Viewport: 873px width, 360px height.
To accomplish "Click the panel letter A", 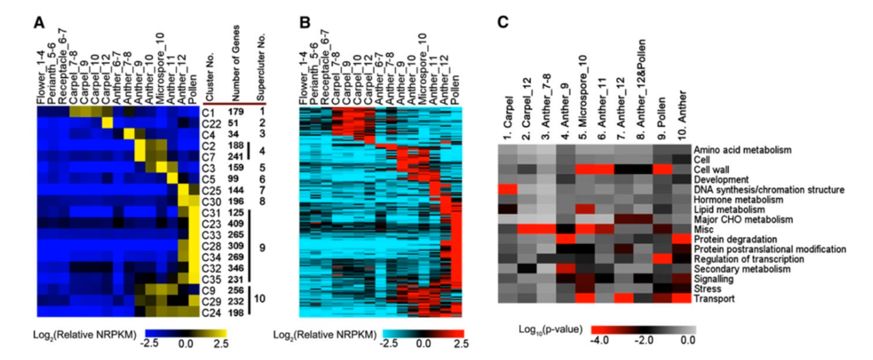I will [x=40, y=24].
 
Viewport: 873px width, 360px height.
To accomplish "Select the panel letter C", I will [x=503, y=23].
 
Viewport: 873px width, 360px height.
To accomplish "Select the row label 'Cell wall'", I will [x=711, y=169].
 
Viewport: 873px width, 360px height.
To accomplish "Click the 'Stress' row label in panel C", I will [x=705, y=289].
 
